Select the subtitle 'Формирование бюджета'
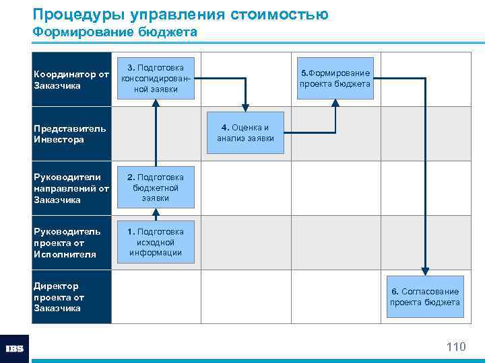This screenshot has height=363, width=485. tap(115, 32)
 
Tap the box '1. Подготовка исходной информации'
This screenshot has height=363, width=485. tap(156, 242)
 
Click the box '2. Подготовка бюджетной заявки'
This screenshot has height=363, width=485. tap(156, 187)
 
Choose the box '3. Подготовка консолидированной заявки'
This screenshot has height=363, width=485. tap(156, 79)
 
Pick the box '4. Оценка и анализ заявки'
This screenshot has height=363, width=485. tap(245, 133)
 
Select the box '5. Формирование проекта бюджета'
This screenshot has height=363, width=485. tap(335, 78)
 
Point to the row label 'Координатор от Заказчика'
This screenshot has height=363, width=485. tap(71, 80)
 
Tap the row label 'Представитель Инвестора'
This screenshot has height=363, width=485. tap(70, 134)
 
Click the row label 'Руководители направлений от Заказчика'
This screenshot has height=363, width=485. tap(71, 188)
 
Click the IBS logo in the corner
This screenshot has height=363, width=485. tap(14, 349)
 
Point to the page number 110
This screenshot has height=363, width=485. tap(455, 347)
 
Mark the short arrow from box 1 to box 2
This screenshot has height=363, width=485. tap(156, 214)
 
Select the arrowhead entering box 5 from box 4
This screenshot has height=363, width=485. tap(335, 104)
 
